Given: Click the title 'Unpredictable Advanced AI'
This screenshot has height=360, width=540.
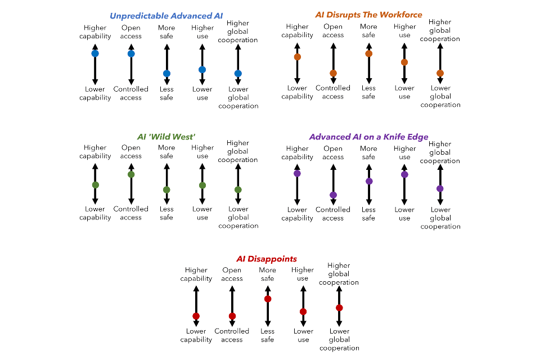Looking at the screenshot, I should pyautogui.click(x=162, y=16).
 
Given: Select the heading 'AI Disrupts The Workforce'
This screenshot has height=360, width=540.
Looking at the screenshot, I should pyautogui.click(x=368, y=15).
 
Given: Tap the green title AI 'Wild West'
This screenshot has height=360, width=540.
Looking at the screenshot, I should pyautogui.click(x=166, y=137).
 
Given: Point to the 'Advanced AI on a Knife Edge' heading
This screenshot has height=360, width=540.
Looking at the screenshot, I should pyautogui.click(x=368, y=137).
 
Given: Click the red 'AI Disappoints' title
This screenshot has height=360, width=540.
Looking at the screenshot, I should pyautogui.click(x=267, y=259).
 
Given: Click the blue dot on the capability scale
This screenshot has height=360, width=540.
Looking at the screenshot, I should pyautogui.click(x=95, y=53).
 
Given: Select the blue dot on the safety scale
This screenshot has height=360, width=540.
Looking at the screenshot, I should pyautogui.click(x=166, y=74).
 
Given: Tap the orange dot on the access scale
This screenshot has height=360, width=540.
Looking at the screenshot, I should pyautogui.click(x=333, y=73).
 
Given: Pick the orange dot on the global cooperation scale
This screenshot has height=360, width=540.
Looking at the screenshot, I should pyautogui.click(x=440, y=73).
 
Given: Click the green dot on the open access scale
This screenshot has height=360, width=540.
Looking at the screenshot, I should pyautogui.click(x=131, y=174).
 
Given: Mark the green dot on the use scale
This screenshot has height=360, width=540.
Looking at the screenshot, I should pyautogui.click(x=202, y=185).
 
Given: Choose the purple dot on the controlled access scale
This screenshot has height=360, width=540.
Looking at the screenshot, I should pyautogui.click(x=333, y=195).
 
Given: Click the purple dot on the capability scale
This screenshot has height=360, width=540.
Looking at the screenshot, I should pyautogui.click(x=297, y=174).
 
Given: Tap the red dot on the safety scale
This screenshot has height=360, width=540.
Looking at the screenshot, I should pyautogui.click(x=268, y=299).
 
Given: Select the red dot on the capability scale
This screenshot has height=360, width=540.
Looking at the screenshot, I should pyautogui.click(x=196, y=316).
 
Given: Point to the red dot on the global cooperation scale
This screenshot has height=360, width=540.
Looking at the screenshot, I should pyautogui.click(x=339, y=308).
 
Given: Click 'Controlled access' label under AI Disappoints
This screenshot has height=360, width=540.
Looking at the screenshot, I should pyautogui.click(x=232, y=335).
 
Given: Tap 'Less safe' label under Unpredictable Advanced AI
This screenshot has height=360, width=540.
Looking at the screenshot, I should pyautogui.click(x=166, y=93).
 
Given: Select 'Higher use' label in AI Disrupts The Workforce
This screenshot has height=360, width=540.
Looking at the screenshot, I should pyautogui.click(x=404, y=30).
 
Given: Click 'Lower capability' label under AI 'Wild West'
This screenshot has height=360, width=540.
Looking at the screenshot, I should pyautogui.click(x=95, y=213).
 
